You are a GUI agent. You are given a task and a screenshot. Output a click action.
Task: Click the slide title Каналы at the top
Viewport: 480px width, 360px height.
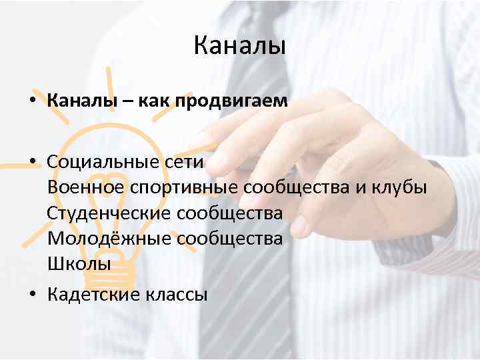click(239, 47)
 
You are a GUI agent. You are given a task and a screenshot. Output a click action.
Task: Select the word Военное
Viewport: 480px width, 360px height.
click(84, 187)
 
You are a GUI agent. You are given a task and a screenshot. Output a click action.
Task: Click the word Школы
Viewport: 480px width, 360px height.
click(79, 263)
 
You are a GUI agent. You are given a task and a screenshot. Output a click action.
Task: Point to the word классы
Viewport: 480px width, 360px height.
click(176, 294)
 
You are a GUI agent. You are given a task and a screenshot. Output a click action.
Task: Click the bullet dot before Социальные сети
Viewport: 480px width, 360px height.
click(33, 163)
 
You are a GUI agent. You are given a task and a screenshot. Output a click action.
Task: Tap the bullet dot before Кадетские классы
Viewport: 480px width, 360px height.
click(33, 295)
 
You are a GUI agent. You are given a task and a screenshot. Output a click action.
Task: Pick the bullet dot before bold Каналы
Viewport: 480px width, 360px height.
click(33, 102)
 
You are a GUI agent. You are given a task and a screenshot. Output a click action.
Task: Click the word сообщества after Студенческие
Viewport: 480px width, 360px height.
click(229, 213)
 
